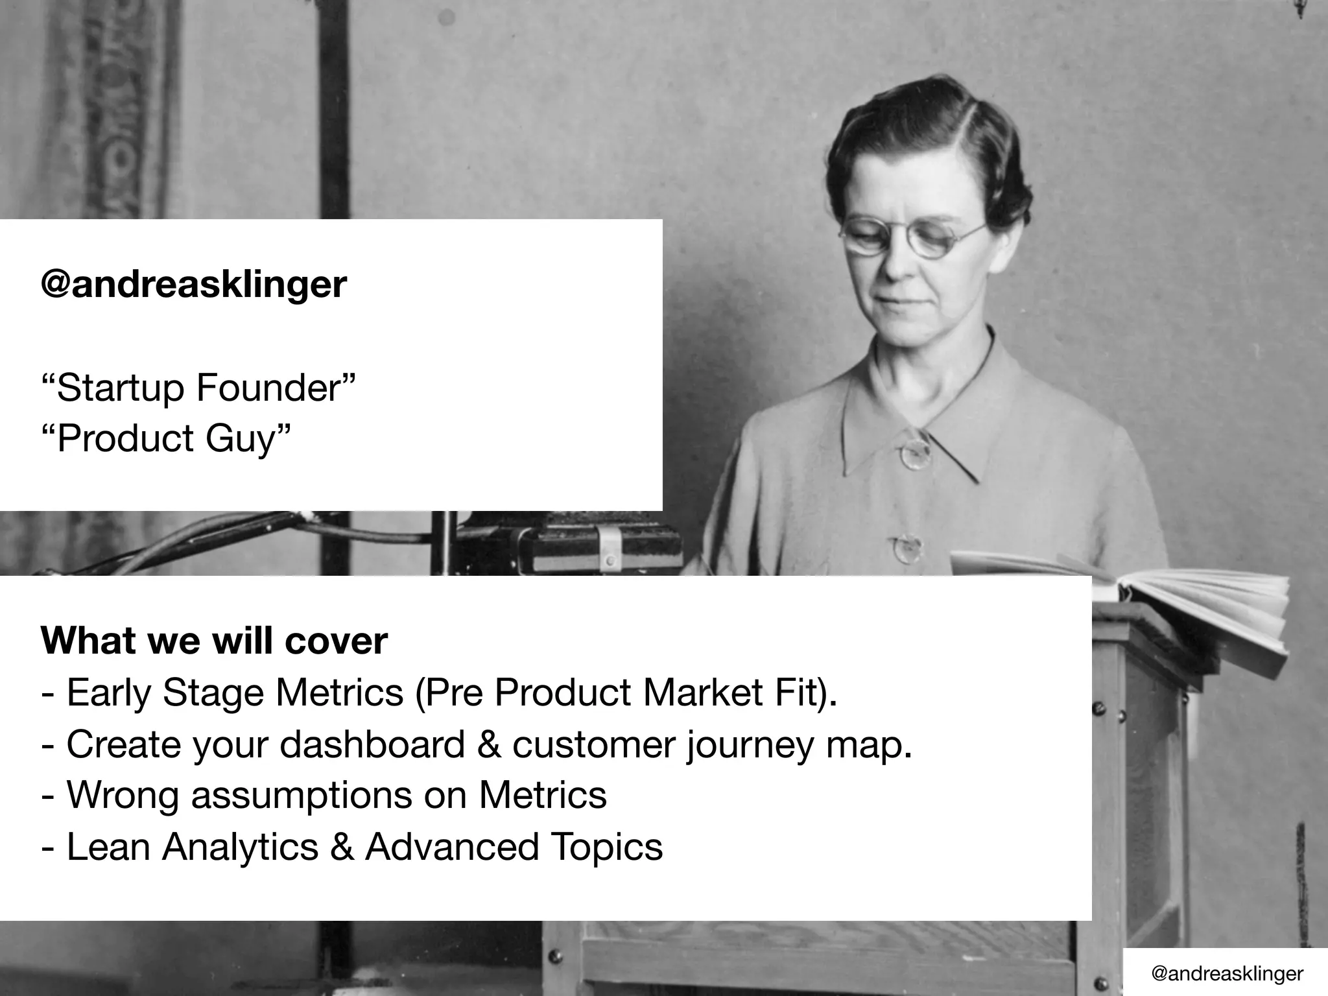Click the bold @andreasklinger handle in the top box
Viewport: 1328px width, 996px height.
click(193, 284)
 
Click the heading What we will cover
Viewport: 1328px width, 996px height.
click(214, 641)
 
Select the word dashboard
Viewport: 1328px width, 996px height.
click(372, 744)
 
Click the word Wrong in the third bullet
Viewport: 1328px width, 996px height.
click(123, 795)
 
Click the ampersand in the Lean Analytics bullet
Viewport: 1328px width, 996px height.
click(342, 847)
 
